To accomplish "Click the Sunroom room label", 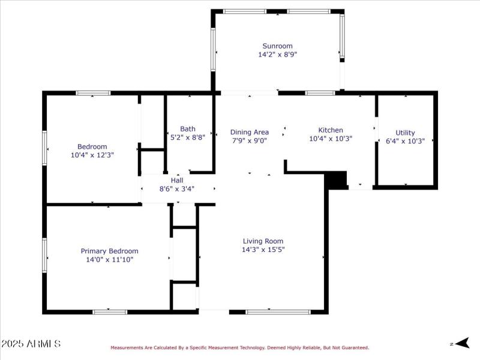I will click(x=277, y=46).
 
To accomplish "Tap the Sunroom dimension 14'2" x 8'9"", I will click(x=277, y=54).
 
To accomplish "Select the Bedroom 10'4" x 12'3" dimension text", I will click(x=92, y=155).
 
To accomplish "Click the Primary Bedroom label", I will click(x=109, y=251).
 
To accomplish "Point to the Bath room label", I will click(x=188, y=128).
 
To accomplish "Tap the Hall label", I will click(x=177, y=180).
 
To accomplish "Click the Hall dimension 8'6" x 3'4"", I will click(x=177, y=188).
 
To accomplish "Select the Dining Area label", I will click(x=249, y=132).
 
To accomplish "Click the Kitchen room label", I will click(x=331, y=130).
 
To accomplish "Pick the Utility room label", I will click(x=405, y=133).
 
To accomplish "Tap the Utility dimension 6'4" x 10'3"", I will click(x=405, y=141).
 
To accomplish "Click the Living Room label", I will click(x=263, y=241).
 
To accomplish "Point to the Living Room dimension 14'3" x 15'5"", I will click(x=263, y=250).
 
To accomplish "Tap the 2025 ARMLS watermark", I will click(x=31, y=344).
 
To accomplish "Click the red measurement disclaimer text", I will click(x=239, y=347).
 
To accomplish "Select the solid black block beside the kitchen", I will click(x=336, y=179).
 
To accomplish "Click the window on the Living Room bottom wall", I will click(x=278, y=312).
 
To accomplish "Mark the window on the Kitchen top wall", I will click(x=320, y=93).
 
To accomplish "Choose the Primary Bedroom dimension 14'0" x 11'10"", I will click(x=109, y=260).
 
